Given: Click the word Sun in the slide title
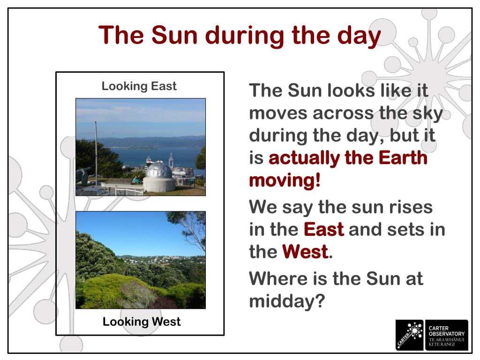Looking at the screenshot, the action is pyautogui.click(x=174, y=35).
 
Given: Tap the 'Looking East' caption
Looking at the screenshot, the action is pyautogui.click(x=139, y=86).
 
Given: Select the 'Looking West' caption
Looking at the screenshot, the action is pyautogui.click(x=142, y=322).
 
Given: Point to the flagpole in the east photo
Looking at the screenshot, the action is pyautogui.click(x=96, y=153).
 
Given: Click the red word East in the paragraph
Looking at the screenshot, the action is pyautogui.click(x=324, y=229).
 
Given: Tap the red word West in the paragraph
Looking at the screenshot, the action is pyautogui.click(x=305, y=252).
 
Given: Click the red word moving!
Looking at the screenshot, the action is pyautogui.click(x=285, y=180).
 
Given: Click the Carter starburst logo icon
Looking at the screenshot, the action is pyautogui.click(x=410, y=335).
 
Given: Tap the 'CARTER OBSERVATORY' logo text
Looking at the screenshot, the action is pyautogui.click(x=447, y=331).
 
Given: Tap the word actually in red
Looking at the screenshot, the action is pyautogui.click(x=304, y=158).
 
